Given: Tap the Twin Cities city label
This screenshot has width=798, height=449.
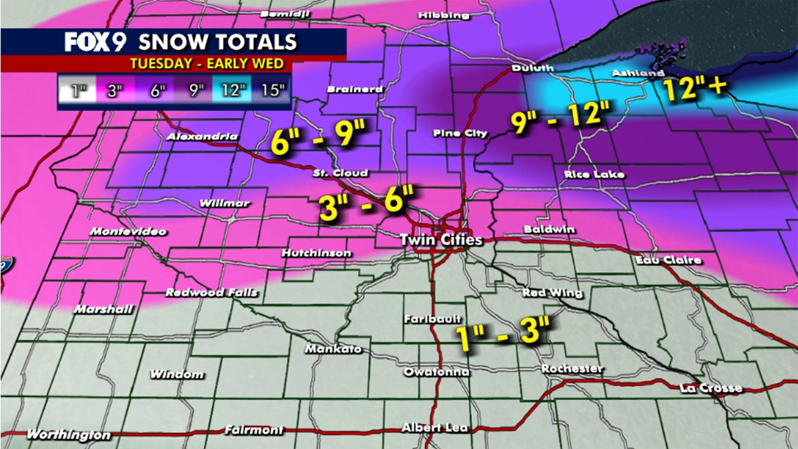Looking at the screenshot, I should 441,239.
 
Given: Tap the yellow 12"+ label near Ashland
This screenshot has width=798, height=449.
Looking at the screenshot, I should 695,88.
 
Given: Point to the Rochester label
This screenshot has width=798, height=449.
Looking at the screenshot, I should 572,369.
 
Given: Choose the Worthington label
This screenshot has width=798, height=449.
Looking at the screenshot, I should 69,435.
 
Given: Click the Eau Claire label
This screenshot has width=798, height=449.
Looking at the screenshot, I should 668,260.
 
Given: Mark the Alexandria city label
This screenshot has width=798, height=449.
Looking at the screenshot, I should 203,137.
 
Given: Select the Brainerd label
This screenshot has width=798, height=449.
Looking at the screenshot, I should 355,89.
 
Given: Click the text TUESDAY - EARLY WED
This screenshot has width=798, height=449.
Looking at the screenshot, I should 206,63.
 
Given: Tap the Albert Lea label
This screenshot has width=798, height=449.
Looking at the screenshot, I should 435,428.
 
